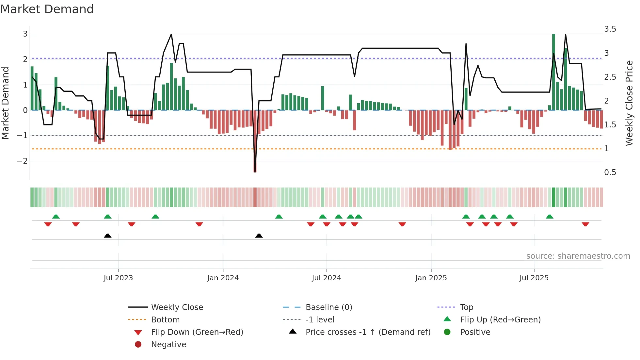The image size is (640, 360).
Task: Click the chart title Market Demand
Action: [x=47, y=9]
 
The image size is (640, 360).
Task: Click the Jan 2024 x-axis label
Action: [x=223, y=278]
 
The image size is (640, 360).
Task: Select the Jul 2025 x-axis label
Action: [x=534, y=278]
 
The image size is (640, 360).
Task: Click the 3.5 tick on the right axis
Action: [x=610, y=29]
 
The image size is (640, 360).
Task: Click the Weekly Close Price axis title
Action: [x=629, y=103]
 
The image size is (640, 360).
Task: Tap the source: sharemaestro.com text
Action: [x=578, y=256]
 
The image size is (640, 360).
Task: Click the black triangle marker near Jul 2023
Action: [x=107, y=236]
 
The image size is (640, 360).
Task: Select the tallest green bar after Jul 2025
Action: [x=553, y=72]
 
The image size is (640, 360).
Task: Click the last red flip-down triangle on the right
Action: [x=585, y=224]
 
